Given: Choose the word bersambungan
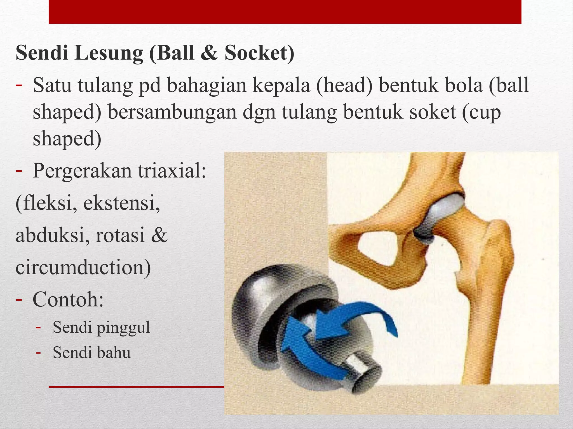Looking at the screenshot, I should click(x=172, y=112).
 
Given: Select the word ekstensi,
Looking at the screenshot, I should click(x=122, y=203).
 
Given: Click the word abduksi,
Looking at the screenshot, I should click(x=53, y=235).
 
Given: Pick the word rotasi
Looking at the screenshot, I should click(x=120, y=235).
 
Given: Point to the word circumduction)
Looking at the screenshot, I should click(x=83, y=267).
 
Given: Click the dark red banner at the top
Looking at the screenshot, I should click(x=285, y=12).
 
